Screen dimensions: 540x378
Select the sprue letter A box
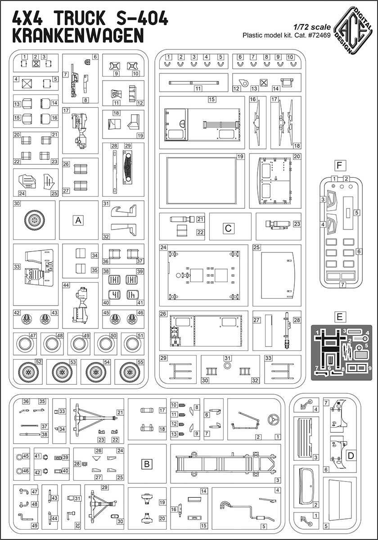(79, 220)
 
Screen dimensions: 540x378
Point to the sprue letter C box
(228, 228)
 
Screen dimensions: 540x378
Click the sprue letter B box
(147, 463)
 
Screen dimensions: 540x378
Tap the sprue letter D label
(351, 455)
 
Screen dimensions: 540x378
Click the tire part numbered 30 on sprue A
(34, 220)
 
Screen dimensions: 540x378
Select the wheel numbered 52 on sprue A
(28, 372)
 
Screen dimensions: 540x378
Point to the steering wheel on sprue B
(271, 421)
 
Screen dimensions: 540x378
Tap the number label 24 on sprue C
(163, 248)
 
